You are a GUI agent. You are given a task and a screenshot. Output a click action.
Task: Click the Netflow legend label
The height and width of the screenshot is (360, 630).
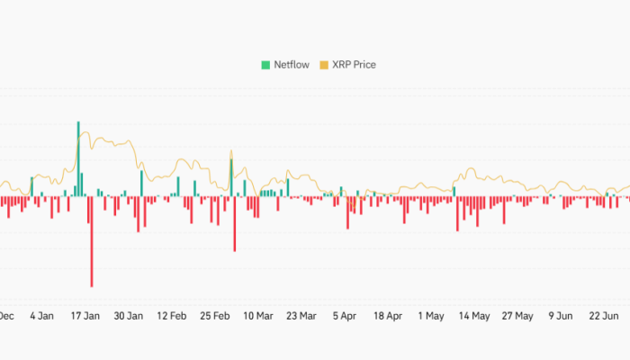pos(291,65)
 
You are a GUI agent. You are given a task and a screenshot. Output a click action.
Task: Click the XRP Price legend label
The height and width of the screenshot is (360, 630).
pos(354,65)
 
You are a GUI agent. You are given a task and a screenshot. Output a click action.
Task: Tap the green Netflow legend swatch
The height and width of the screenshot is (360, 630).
pos(265,65)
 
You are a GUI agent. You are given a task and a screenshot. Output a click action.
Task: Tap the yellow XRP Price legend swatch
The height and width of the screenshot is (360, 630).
pos(325,65)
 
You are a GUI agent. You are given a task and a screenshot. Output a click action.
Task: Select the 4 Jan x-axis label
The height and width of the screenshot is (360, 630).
pos(41,316)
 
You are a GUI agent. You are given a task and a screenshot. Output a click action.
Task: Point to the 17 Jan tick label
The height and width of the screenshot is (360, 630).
pos(85,316)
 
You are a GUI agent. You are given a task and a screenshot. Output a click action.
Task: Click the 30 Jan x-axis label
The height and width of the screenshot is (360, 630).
pos(129,316)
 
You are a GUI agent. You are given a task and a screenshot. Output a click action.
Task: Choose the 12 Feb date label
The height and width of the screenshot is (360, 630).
pos(172,316)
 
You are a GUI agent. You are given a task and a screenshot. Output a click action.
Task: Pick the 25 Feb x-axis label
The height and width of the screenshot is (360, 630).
pos(215,316)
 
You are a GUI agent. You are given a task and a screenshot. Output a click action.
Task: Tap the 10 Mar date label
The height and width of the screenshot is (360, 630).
pos(258,316)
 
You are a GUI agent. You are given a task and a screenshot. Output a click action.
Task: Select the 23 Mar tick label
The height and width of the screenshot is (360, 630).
pos(301,316)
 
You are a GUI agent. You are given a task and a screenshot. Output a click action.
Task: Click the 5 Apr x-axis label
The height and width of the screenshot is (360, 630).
pos(345,316)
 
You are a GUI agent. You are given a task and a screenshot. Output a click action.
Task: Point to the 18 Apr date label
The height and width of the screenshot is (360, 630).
pos(388,316)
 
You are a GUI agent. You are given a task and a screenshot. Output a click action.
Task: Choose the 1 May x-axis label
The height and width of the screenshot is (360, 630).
pos(432,316)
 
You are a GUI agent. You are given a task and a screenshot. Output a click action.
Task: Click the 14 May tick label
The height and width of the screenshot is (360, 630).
pos(474,316)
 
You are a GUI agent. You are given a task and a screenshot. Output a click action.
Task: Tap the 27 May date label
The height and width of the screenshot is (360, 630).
pos(517,316)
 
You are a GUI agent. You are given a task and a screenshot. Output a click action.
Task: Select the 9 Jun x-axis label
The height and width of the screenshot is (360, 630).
pos(561,316)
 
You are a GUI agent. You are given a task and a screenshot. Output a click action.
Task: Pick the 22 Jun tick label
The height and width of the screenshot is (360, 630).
pos(604,316)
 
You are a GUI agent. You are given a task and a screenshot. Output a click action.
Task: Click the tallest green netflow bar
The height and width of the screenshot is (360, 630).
pos(78,158)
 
